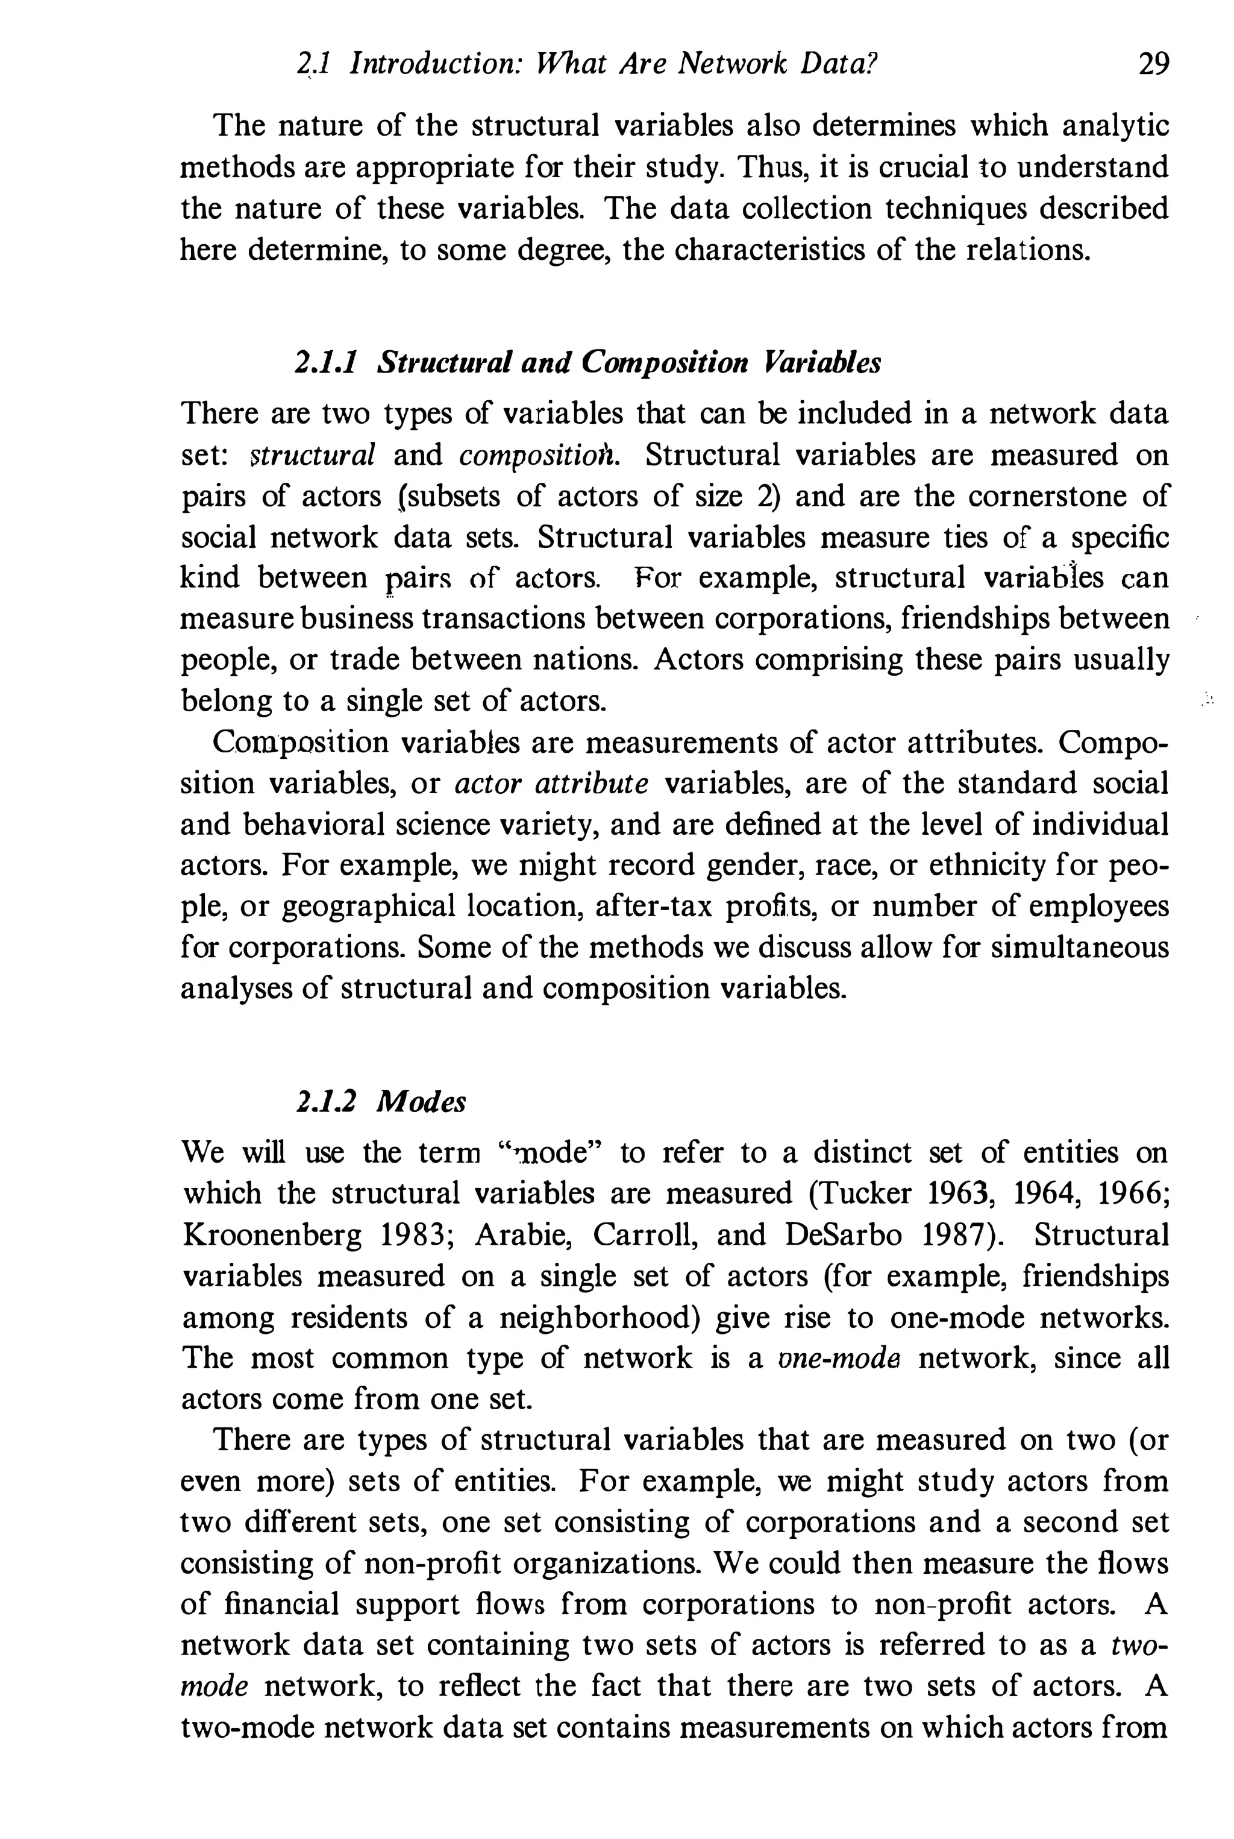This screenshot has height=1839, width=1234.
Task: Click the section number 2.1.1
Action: click(327, 363)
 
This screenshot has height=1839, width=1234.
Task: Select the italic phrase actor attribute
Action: click(553, 784)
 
